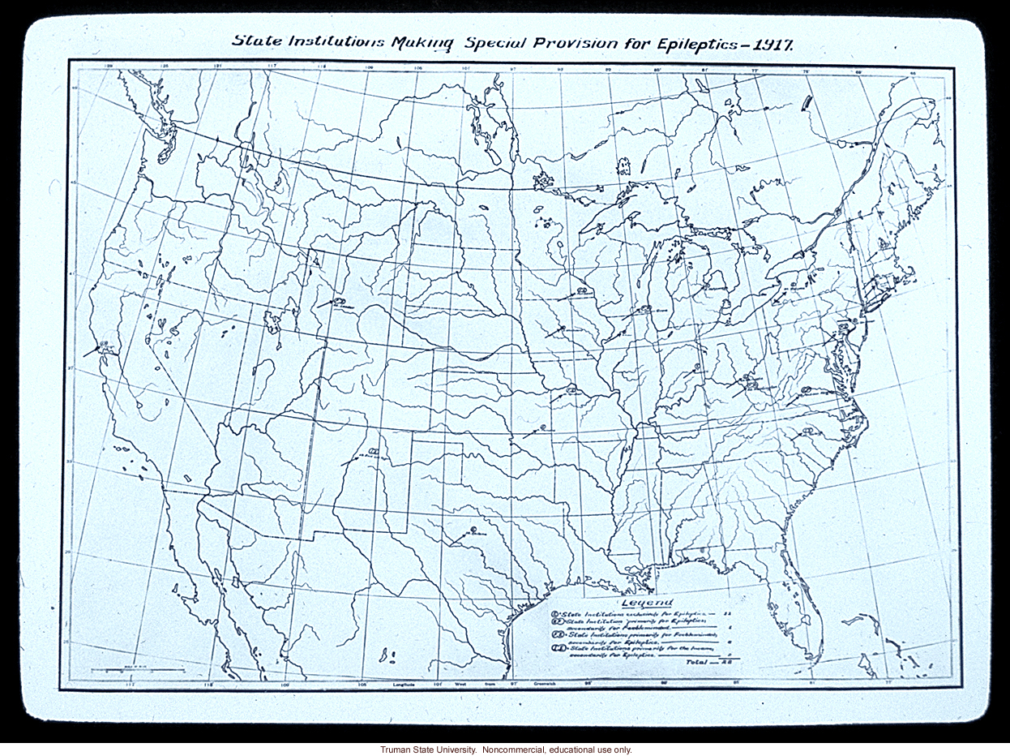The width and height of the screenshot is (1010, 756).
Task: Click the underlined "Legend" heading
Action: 646,603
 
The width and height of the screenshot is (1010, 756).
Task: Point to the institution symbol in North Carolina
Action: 807,428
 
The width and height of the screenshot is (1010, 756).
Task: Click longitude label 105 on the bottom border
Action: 362,684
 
